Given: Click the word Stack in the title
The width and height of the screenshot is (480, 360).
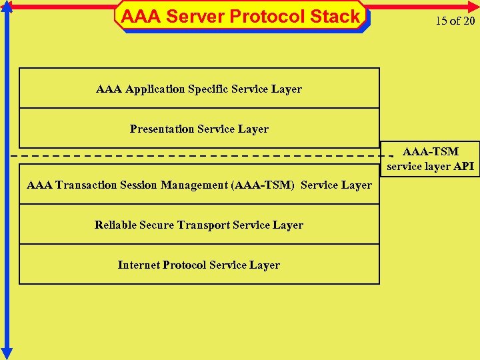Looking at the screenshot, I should (335, 16).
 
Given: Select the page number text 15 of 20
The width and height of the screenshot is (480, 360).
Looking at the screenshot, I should (455, 21).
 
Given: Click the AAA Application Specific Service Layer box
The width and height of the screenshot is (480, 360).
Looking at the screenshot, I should (199, 88).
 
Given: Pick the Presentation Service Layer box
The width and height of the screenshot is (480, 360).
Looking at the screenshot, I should (199, 128).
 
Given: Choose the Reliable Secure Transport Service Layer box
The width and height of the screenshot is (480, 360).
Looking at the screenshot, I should (199, 225).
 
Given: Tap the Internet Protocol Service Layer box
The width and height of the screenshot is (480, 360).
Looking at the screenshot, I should (199, 265).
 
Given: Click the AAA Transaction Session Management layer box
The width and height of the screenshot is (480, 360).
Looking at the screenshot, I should (199, 185).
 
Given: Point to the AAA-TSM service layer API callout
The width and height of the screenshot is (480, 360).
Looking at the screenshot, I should (431, 159).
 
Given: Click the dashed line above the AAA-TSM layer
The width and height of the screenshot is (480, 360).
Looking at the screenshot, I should (200, 155).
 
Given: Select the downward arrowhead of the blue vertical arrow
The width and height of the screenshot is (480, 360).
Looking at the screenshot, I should (7, 353).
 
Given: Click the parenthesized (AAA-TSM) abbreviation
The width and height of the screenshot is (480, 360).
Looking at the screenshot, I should (263, 185).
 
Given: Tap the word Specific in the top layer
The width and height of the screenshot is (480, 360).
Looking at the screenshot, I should (208, 89).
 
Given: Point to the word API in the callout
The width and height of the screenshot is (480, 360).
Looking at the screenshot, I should (464, 166).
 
